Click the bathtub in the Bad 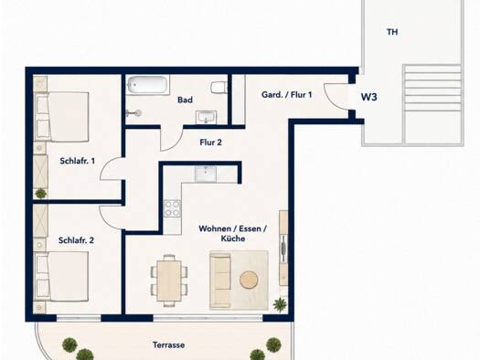(x=148, y=84)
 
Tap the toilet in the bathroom (x=219, y=88)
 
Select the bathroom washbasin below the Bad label (x=206, y=118)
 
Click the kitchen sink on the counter (x=206, y=174)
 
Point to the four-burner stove (x=172, y=208)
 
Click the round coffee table (x=250, y=280)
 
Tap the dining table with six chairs (x=169, y=281)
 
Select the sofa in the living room (x=220, y=280)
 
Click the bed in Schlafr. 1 (x=62, y=117)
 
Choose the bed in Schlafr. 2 (x=62, y=276)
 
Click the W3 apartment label (x=368, y=97)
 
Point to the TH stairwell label (x=392, y=32)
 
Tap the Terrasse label (x=168, y=345)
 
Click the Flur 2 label (x=210, y=143)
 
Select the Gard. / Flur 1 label (x=287, y=95)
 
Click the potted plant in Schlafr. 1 (x=41, y=194)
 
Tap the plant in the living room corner (x=280, y=304)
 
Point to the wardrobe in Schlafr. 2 (x=40, y=220)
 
